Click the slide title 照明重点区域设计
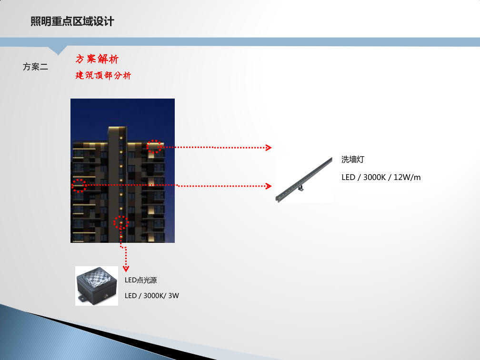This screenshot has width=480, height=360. point(72,21)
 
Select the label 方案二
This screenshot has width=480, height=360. point(35,67)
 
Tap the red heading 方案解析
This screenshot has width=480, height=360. point(97,59)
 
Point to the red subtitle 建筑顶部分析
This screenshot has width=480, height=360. point(103,75)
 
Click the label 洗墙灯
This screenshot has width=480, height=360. point(352,160)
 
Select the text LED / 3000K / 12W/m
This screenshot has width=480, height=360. point(381,178)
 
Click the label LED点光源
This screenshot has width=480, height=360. point(140,280)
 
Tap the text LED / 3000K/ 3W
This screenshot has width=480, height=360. point(151,296)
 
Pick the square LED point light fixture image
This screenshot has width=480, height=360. point(97,286)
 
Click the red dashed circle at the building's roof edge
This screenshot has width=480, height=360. point(154,146)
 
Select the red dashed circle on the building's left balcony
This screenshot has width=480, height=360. point(79,185)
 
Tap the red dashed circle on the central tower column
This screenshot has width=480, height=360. point(121,222)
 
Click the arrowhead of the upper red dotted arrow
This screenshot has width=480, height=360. point(269,148)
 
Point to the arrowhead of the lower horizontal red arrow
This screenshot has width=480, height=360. point(270,186)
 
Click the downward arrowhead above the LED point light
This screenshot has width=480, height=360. point(126,269)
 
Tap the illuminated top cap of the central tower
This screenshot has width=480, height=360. point(117,129)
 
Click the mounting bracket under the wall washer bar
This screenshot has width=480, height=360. point(300,189)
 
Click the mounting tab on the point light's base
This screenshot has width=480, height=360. point(81,299)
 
